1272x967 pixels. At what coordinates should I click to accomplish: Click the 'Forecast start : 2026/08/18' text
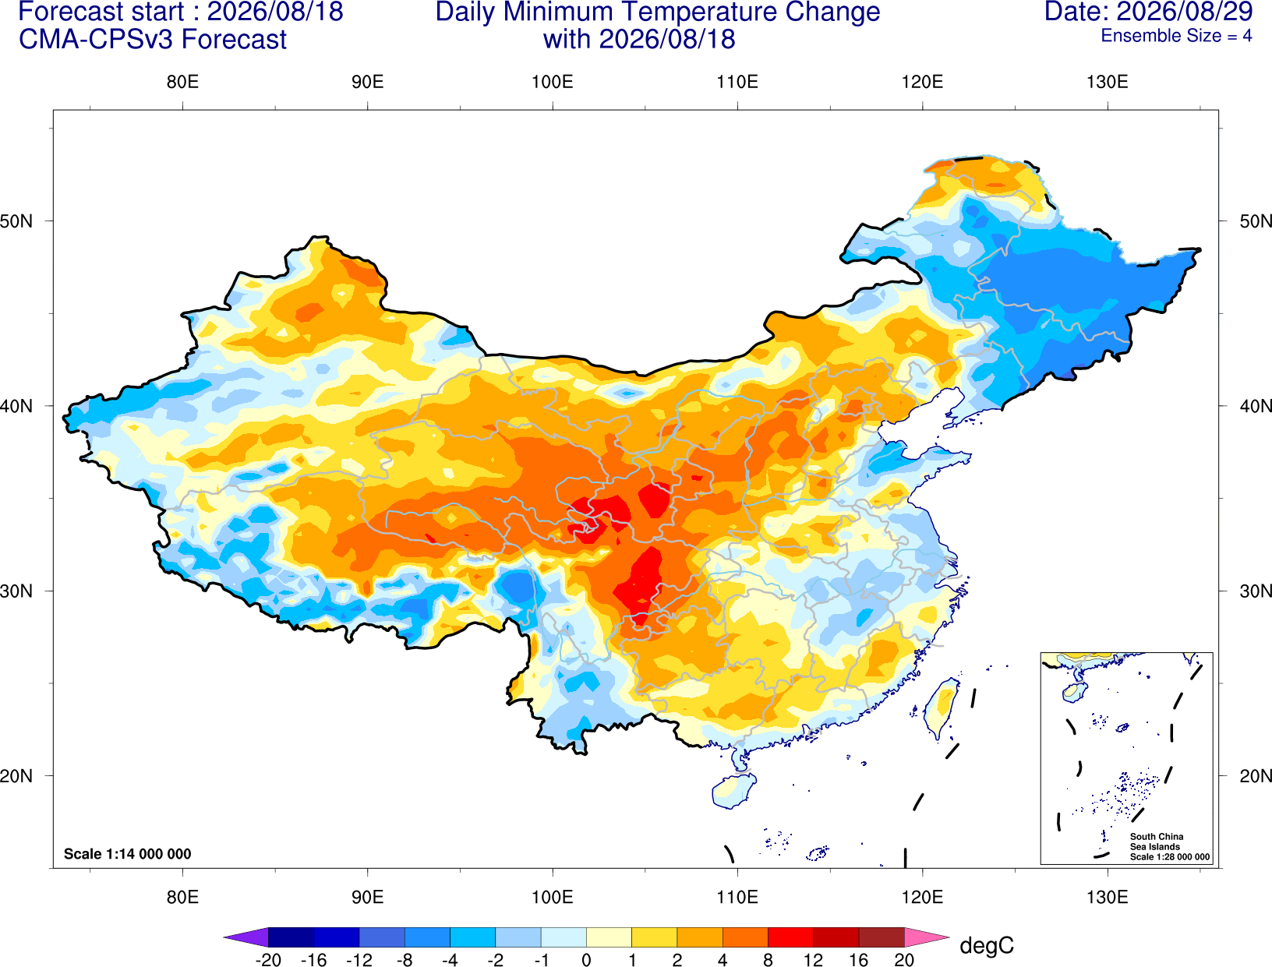[x=181, y=12]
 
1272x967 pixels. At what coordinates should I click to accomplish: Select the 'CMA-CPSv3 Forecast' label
[x=153, y=40]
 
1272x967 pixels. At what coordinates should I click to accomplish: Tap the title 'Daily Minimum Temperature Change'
[x=658, y=12]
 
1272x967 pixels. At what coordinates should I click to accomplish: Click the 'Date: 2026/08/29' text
[x=1149, y=12]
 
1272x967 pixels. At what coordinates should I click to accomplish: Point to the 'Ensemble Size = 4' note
[x=1176, y=36]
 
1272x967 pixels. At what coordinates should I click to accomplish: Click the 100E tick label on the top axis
[x=553, y=82]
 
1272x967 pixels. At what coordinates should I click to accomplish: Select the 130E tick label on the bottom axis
[x=1108, y=898]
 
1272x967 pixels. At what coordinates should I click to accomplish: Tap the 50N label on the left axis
[x=16, y=221]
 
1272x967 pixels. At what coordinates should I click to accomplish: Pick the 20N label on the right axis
[x=1256, y=776]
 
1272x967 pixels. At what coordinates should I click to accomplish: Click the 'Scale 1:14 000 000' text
[x=128, y=854]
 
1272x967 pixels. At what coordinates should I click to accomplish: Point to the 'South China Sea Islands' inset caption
[x=1156, y=842]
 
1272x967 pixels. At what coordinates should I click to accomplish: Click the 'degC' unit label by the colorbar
[x=987, y=945]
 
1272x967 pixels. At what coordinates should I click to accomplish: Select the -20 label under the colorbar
[x=268, y=960]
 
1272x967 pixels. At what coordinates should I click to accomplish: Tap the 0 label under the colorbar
[x=586, y=960]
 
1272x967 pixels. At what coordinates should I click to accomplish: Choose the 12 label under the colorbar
[x=813, y=960]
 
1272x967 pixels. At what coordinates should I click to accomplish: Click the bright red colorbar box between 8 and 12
[x=790, y=937]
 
